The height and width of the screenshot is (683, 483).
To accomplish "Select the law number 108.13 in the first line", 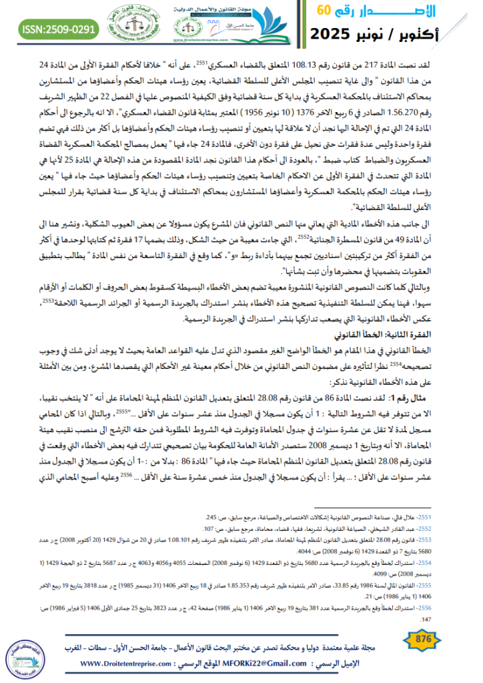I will point(299,61).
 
